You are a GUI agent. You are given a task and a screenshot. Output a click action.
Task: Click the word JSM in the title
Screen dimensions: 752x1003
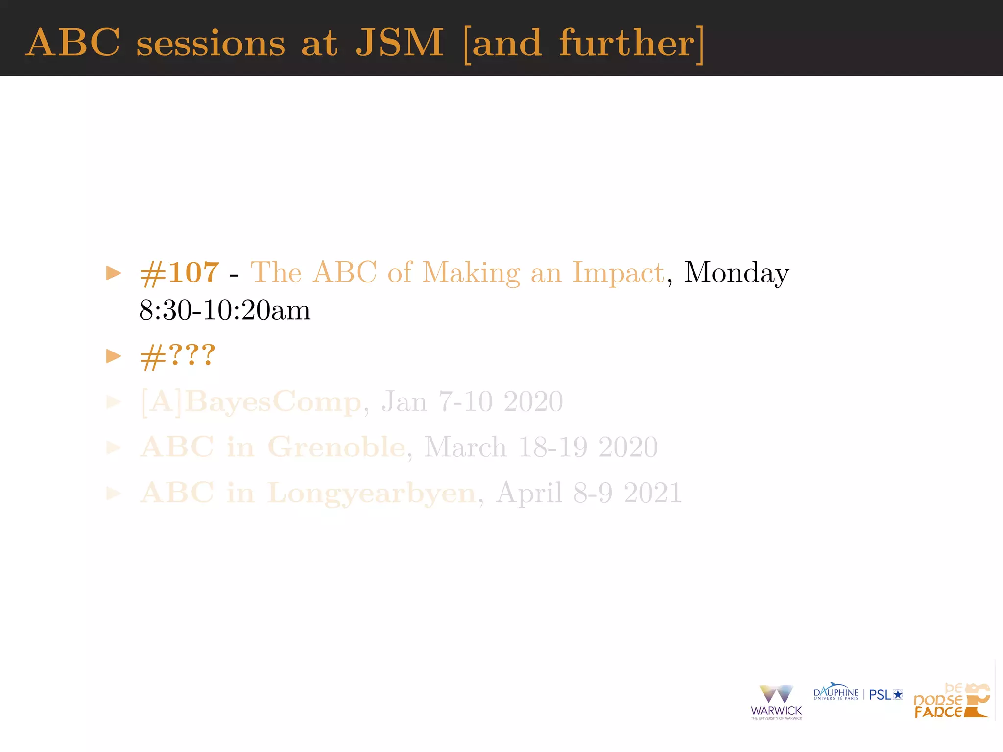pyautogui.click(x=399, y=43)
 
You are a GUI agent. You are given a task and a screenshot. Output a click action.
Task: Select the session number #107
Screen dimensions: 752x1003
pyautogui.click(x=179, y=272)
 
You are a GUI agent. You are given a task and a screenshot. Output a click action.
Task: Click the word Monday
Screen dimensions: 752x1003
pyautogui.click(x=736, y=273)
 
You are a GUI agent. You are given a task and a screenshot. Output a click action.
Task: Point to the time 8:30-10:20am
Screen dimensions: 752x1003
pyautogui.click(x=225, y=310)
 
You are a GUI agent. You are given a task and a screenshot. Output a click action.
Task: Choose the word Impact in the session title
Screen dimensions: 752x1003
pyautogui.click(x=618, y=273)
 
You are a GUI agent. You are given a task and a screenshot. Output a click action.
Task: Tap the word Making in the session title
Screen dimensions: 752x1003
pyautogui.click(x=471, y=273)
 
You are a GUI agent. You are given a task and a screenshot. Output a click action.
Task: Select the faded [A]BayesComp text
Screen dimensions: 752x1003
pyautogui.click(x=251, y=402)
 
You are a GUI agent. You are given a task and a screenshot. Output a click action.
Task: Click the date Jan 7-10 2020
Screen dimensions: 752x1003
pyautogui.click(x=472, y=401)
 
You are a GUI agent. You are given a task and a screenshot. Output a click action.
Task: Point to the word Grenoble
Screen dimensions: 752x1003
pyautogui.click(x=336, y=447)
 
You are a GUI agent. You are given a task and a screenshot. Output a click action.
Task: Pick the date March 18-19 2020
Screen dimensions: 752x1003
pyautogui.click(x=541, y=447)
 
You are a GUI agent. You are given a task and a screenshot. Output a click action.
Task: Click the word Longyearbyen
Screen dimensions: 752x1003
pyautogui.click(x=371, y=493)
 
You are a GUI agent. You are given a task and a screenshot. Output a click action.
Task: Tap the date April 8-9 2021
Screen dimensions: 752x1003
pyautogui.click(x=589, y=493)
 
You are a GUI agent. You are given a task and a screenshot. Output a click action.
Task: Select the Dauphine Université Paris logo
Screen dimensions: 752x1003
pyautogui.click(x=836, y=692)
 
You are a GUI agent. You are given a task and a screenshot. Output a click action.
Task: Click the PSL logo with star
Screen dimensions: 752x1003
pyautogui.click(x=885, y=695)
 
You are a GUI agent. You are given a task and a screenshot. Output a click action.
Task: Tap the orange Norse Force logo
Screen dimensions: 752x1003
pyautogui.click(x=952, y=701)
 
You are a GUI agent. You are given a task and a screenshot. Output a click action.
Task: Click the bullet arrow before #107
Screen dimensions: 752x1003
pyautogui.click(x=114, y=273)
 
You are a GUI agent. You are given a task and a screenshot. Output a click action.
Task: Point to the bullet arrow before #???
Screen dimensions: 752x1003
pyautogui.click(x=114, y=356)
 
